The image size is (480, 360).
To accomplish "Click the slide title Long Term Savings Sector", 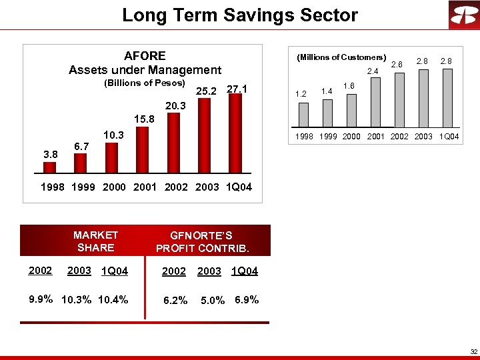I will point(240,15).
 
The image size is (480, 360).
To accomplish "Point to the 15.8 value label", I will point(144,119).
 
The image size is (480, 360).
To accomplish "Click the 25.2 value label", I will point(205,91).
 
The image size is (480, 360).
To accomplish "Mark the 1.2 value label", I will point(301,94).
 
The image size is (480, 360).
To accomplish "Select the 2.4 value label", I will point(373,71).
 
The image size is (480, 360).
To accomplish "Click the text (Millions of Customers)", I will point(341,57).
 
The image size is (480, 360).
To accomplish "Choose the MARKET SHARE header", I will point(95,241).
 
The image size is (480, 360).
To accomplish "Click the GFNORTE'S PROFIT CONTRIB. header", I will point(202,242).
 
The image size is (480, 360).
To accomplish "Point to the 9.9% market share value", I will point(41,299).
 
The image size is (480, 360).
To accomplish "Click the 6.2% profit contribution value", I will point(175,301).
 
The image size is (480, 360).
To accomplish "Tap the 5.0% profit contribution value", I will point(213,301).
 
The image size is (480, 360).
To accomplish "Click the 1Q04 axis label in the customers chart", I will point(449,137).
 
